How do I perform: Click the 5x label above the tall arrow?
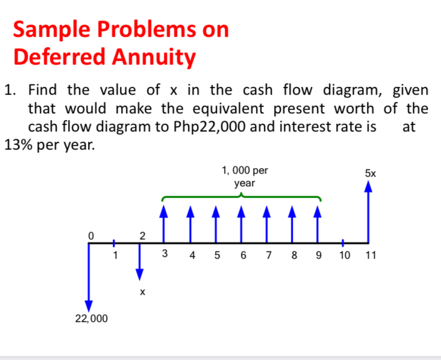[x=370, y=172]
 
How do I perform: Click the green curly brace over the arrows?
[x=241, y=197]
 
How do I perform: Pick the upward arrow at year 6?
[x=241, y=224]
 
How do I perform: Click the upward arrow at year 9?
[x=317, y=224]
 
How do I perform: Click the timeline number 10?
[x=344, y=255]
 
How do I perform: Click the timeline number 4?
[x=192, y=255]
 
